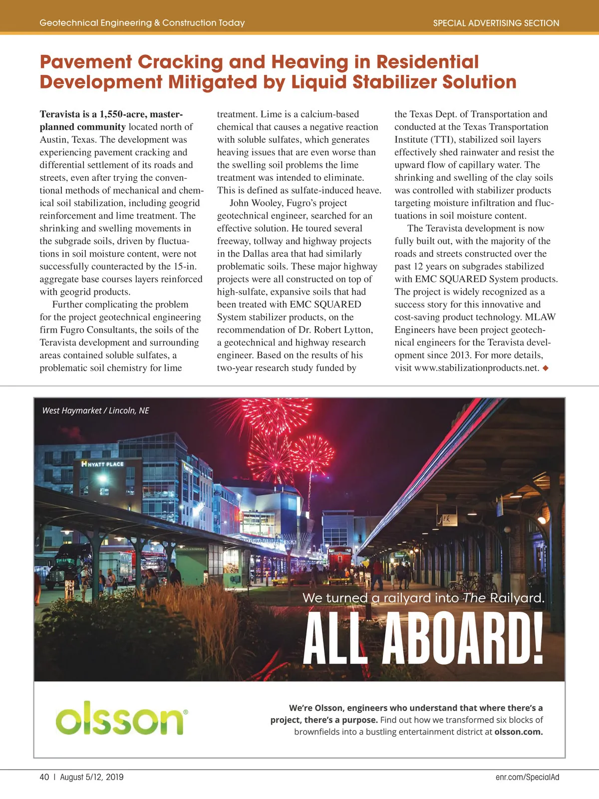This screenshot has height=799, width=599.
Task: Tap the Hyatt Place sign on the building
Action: coord(103,464)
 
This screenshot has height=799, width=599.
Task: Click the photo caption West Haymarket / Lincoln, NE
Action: coord(95,410)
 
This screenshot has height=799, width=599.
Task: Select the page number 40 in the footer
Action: coord(44,777)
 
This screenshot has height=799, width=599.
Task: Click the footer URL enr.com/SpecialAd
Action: coord(527,777)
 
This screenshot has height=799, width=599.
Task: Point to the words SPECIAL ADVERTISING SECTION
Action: coord(496,23)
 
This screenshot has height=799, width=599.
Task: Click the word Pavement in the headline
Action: coord(85,62)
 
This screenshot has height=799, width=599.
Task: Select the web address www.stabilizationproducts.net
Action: coord(477,368)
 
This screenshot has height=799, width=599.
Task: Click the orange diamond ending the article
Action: coord(546,368)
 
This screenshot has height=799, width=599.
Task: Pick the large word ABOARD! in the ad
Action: coord(463,639)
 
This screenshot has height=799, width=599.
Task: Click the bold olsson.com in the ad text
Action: coord(518,732)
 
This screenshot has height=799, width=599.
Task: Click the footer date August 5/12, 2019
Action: coord(91,777)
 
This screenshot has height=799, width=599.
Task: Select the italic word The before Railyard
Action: coord(474,598)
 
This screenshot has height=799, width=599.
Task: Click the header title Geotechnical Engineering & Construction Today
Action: coord(142,23)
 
